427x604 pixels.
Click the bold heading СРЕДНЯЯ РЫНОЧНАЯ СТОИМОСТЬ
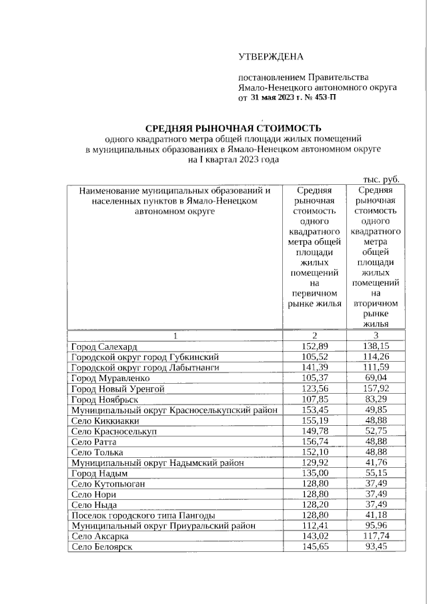coord(234,127)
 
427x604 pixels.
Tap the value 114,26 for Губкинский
coord(376,357)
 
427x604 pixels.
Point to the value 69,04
coord(376,378)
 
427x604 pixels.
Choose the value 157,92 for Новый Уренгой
coord(376,388)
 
